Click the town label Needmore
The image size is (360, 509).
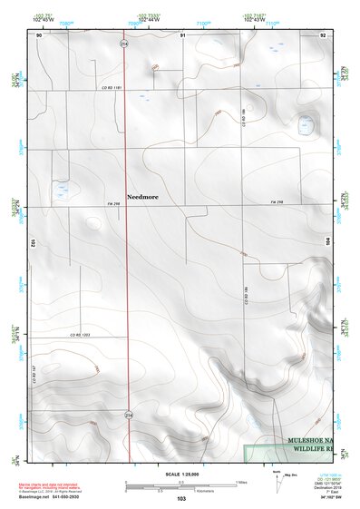[143, 195]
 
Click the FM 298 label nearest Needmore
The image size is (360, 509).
[113, 203]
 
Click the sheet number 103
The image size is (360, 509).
[181, 500]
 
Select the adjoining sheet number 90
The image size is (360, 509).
[39, 34]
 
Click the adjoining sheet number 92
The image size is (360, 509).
[324, 34]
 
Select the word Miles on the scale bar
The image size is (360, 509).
[240, 481]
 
